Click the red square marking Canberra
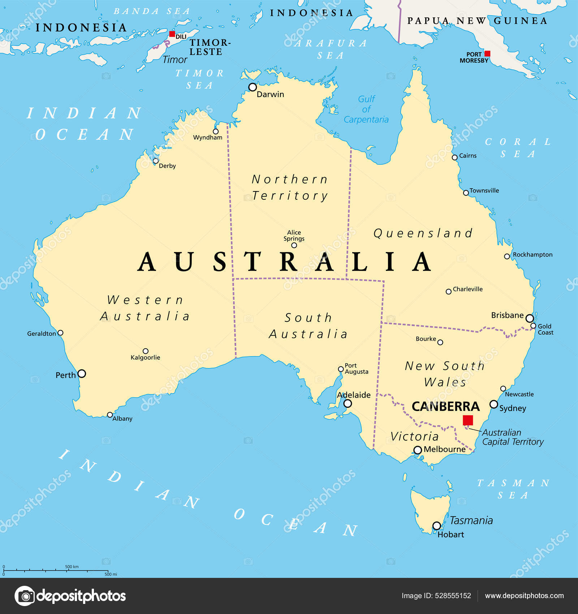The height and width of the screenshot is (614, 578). click(468, 420)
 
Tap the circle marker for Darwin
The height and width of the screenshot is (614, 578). click(253, 87)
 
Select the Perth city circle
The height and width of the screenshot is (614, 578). click(82, 373)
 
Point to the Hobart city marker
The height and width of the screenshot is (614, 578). click(437, 526)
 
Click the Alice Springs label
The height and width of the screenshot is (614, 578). click(294, 235)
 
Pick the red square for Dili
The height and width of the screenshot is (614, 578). click(172, 34)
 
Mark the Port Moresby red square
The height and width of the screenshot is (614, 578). click(487, 53)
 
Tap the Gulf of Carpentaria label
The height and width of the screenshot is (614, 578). click(366, 109)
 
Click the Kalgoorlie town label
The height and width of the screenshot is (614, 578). click(145, 358)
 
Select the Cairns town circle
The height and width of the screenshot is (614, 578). click(455, 157)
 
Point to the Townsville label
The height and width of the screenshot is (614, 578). click(484, 191)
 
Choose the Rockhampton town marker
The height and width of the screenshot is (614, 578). click(507, 256)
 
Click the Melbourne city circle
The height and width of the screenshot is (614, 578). click(418, 450)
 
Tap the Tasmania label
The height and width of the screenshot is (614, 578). click(471, 520)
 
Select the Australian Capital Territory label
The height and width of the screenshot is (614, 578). click(513, 437)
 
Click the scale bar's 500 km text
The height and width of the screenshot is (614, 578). click(72, 567)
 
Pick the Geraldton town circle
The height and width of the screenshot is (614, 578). click(61, 333)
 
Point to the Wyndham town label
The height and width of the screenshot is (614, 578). click(208, 138)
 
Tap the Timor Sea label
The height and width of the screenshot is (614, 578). click(199, 79)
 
